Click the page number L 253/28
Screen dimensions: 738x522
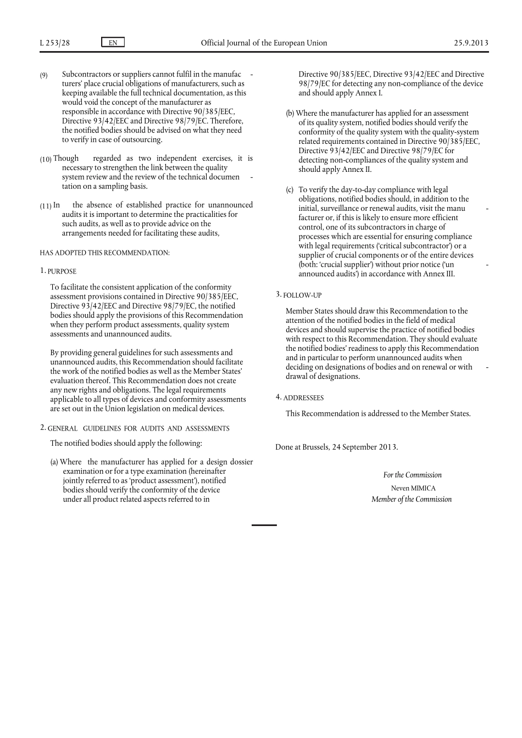coord(55,43)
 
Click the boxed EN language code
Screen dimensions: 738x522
coord(113,43)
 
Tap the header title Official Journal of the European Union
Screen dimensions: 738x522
coord(264,43)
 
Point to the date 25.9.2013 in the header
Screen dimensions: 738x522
coord(471,43)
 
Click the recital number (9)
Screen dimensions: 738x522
coord(44,75)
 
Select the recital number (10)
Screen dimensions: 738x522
coord(46,159)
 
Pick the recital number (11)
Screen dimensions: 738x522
coord(46,206)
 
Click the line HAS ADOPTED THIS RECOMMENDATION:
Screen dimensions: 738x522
coord(104,253)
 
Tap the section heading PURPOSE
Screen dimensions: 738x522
coord(62,271)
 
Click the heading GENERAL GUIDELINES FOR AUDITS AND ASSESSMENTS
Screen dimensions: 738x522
coord(138,428)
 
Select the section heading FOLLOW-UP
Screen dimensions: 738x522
coord(302,295)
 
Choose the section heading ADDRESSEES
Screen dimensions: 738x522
coord(303,398)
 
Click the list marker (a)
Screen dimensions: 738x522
coord(54,462)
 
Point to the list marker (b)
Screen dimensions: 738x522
coord(290,114)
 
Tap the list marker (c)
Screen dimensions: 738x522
coord(290,190)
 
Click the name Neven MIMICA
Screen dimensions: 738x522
coord(413,488)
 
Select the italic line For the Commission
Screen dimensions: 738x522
coord(412,475)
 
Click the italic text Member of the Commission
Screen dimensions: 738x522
coord(412,499)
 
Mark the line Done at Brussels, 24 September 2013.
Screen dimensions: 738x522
coord(336,447)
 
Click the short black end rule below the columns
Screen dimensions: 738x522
coord(264,525)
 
